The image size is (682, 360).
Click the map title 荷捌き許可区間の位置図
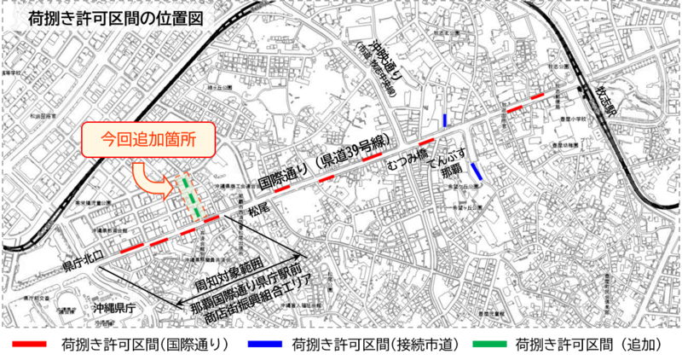tap(117, 17)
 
